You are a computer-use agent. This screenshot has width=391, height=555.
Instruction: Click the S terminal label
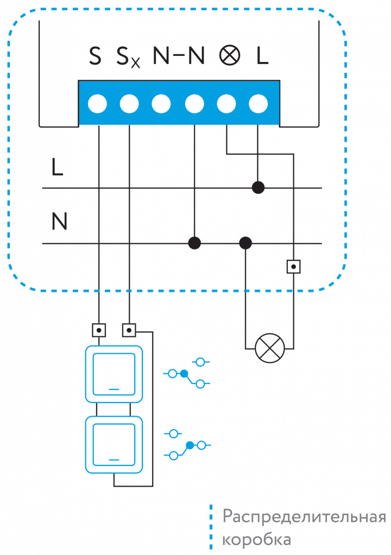point(95,56)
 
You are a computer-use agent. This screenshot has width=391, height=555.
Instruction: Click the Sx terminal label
point(128,58)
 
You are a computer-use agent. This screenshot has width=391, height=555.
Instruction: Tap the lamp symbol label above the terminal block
point(229,56)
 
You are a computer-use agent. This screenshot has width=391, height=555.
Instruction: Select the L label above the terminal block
point(262,56)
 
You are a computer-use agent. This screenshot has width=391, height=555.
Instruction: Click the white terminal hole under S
point(98,103)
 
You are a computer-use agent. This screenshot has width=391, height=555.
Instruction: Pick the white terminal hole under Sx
point(129,103)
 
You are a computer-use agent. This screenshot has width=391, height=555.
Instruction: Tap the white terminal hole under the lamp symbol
point(226,103)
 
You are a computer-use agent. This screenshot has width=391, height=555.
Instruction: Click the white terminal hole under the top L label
point(258,103)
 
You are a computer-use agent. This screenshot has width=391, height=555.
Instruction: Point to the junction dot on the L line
point(258,188)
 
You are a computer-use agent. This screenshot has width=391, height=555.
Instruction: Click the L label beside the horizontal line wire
point(57,168)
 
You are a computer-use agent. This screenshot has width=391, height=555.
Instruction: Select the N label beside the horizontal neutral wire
point(59,221)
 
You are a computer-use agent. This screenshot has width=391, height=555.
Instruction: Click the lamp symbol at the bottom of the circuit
point(270,348)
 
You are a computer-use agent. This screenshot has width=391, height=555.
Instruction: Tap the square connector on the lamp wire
point(293,266)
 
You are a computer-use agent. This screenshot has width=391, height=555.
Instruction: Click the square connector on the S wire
point(99,330)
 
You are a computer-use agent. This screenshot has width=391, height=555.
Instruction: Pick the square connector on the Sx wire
point(129,330)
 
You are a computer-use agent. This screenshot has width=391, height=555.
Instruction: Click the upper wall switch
point(114,374)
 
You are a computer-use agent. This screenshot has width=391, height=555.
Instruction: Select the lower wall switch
point(114,444)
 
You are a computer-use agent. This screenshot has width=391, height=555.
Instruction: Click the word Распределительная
point(304,516)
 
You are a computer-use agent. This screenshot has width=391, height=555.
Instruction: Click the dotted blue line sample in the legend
point(211,527)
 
